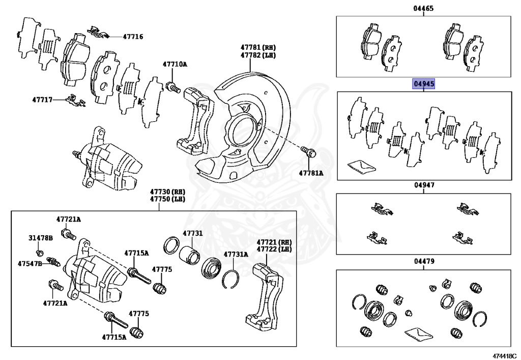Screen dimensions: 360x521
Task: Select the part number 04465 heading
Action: (424, 9)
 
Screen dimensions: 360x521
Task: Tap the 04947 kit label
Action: (424, 186)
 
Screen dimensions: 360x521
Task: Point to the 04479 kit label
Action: (424, 262)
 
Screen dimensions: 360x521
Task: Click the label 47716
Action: (133, 37)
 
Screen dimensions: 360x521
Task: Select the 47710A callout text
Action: (175, 64)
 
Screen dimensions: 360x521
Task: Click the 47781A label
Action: (311, 173)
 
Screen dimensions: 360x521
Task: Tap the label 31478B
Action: (41, 238)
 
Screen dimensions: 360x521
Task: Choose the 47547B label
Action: (30, 264)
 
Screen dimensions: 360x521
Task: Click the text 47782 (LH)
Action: (258, 55)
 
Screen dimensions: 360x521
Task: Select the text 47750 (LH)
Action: (167, 199)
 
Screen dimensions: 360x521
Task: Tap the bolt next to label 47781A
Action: (308, 151)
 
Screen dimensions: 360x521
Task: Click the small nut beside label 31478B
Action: (39, 253)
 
